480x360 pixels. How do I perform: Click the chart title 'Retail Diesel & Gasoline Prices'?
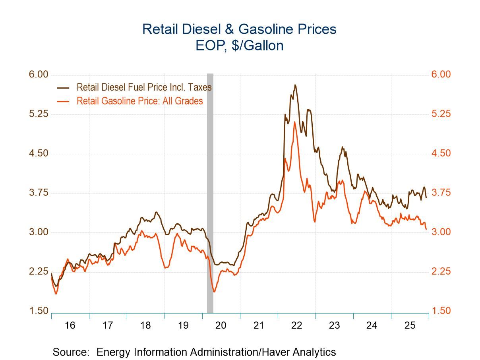[239, 29]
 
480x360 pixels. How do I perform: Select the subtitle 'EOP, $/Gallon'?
[239, 46]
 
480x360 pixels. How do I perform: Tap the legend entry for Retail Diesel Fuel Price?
[144, 87]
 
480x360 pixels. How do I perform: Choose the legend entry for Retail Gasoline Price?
[139, 101]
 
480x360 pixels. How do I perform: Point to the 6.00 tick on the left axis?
[38, 75]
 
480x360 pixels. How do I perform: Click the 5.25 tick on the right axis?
[441, 114]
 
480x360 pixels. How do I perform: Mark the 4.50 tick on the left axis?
[38, 153]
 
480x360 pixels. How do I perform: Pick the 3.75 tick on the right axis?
[441, 193]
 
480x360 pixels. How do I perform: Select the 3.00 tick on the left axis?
[38, 232]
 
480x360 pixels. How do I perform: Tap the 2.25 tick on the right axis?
[441, 271]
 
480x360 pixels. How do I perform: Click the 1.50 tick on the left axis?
[38, 311]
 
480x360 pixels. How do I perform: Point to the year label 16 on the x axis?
[70, 325]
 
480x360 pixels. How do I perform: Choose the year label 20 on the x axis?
[221, 325]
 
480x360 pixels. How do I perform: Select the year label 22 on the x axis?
[296, 325]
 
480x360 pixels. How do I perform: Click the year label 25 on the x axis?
[410, 325]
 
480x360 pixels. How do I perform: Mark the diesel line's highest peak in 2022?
[295, 85]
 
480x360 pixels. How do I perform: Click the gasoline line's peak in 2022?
[294, 122]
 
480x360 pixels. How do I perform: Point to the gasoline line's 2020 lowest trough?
[214, 292]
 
